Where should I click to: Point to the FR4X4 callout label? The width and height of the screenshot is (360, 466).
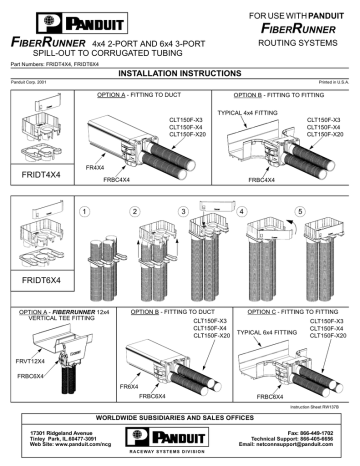click(x=95, y=169)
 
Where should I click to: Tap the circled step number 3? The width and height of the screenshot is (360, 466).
click(x=184, y=212)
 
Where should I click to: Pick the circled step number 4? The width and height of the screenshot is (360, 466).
click(x=241, y=212)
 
